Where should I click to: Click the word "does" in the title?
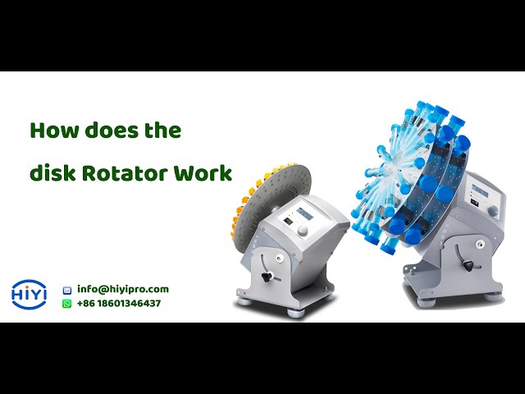[x=104, y=131]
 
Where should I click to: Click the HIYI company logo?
[x=30, y=295]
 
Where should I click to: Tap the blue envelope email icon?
[x=67, y=290]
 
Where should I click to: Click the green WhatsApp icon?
[x=67, y=303]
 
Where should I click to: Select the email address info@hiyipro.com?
[x=123, y=289]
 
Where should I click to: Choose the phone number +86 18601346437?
[x=119, y=303]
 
